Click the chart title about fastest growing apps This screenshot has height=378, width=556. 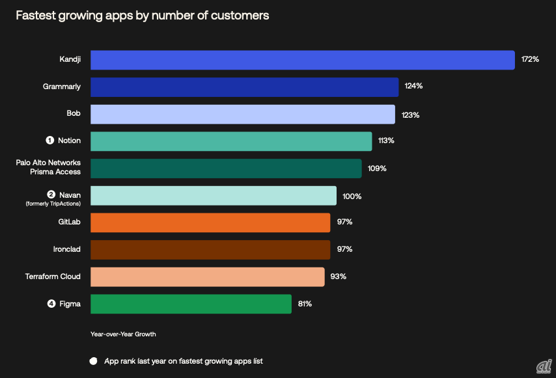142,16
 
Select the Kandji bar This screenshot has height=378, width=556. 302,60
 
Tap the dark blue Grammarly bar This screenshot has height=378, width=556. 244,87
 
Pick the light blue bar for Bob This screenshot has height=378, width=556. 242,115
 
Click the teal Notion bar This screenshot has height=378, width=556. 231,141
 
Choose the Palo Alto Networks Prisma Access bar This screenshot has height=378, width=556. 226,169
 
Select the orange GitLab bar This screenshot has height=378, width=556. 210,223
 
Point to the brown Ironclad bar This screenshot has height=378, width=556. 210,249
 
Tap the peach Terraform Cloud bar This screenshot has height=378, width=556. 207,277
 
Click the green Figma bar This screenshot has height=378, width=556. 191,304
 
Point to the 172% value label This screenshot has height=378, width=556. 530,60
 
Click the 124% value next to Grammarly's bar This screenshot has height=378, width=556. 413,86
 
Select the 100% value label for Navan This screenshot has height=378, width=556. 352,196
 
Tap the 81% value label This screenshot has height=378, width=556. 305,303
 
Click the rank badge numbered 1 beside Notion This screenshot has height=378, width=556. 49,141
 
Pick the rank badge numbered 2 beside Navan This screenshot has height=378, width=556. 51,194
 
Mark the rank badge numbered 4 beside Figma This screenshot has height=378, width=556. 51,303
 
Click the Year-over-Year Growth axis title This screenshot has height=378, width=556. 123,334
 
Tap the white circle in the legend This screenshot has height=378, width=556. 93,361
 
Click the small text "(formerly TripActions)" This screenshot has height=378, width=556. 53,204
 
